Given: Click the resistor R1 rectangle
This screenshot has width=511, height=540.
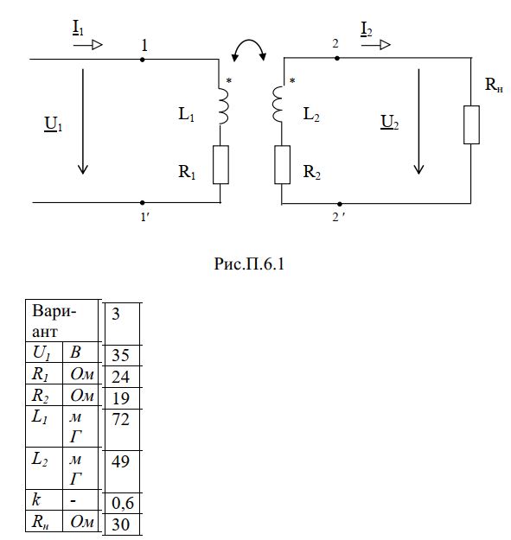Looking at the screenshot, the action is click(220, 165).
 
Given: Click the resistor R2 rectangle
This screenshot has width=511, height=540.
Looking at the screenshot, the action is click(282, 165).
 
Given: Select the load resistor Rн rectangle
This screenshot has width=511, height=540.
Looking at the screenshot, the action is click(471, 124).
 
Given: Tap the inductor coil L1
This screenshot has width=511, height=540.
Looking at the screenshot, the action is click(222, 106).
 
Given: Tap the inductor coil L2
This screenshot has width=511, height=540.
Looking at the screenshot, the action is click(278, 104).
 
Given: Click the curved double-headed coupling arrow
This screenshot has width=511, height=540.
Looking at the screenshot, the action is click(249, 41).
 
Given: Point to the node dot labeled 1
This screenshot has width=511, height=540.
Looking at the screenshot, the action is click(143, 60).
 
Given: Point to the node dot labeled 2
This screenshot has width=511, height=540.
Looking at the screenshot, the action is click(337, 58).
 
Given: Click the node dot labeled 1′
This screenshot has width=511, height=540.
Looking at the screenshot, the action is click(143, 202).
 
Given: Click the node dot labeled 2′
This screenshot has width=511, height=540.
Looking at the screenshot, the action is click(340, 204).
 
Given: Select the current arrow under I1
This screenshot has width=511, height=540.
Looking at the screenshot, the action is click(88, 45).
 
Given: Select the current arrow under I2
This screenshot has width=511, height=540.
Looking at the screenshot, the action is click(376, 45).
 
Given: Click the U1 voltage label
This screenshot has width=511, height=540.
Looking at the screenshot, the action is click(53, 124).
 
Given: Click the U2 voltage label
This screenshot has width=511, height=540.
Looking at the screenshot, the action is click(389, 123).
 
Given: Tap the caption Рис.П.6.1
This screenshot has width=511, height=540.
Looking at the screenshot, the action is click(249, 264).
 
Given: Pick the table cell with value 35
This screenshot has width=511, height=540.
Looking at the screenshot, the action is click(120, 355).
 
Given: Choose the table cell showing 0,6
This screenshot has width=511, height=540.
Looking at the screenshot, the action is click(122, 503).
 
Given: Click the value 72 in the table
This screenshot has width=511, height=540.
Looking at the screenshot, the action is click(120, 419).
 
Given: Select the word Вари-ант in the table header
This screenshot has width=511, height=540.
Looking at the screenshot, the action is click(54, 321).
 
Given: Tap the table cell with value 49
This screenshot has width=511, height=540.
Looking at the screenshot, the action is click(120, 461).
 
